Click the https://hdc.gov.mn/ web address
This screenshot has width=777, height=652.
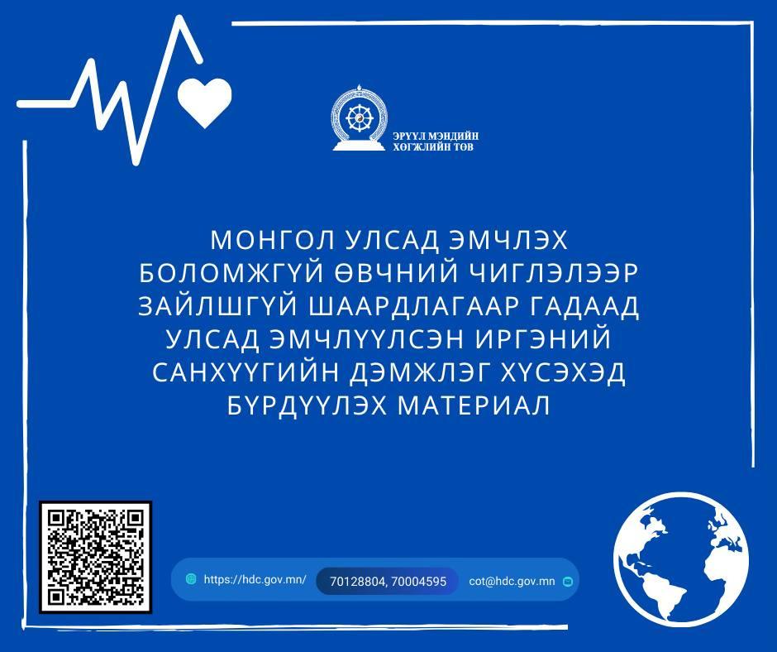click(x=255, y=580)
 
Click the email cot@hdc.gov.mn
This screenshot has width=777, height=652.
click(x=512, y=581)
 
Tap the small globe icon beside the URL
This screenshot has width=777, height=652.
click(x=191, y=579)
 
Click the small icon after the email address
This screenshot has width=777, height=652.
click(x=567, y=581)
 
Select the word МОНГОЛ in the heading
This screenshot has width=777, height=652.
click(x=265, y=241)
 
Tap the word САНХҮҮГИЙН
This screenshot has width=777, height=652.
click(x=241, y=374)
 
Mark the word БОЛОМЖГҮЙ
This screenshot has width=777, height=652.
click(x=236, y=274)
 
